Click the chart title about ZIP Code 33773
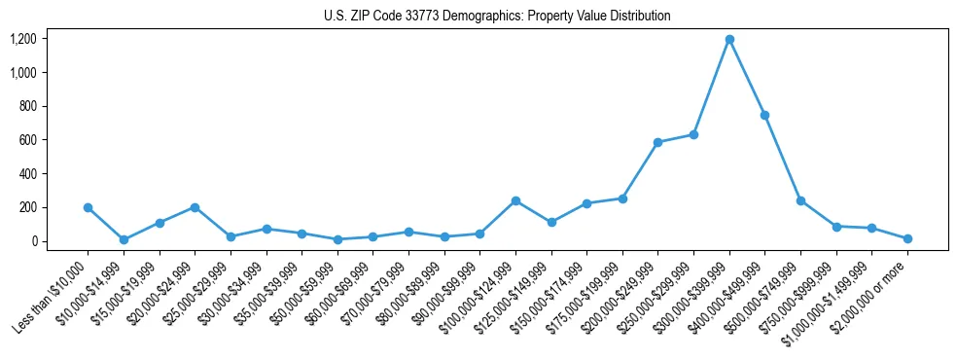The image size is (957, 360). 497,17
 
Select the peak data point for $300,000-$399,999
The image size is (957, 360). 729,40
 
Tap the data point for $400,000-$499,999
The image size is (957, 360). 764,115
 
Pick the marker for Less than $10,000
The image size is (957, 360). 88,207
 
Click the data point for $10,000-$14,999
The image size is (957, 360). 124,239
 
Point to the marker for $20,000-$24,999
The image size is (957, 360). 195,207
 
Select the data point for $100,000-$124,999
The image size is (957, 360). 515,200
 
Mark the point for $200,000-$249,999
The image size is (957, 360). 657,142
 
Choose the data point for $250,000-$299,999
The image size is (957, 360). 693,134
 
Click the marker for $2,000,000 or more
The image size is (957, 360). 907,238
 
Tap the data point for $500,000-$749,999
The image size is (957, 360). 800,200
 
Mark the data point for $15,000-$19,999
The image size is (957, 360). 159,223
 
